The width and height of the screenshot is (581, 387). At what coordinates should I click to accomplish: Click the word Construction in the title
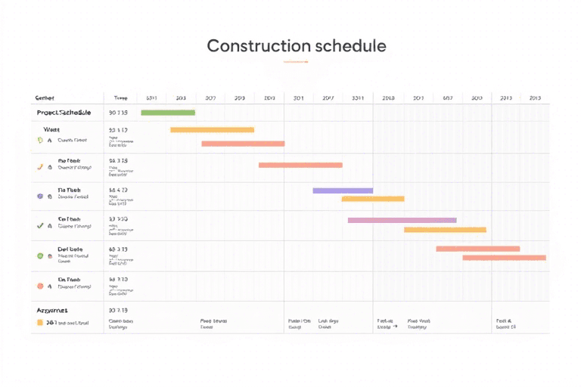click(258, 45)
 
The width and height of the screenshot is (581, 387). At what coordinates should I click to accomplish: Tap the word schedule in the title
click(350, 45)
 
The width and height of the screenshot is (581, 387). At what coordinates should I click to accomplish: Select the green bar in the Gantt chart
click(168, 113)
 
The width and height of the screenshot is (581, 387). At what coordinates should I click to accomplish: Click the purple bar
click(343, 190)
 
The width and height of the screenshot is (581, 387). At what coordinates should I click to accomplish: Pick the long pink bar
click(402, 220)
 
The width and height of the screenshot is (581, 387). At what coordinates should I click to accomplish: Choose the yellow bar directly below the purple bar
click(372, 199)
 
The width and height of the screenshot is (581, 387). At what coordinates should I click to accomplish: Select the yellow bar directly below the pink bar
click(445, 229)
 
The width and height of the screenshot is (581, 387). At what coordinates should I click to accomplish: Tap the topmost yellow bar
click(212, 130)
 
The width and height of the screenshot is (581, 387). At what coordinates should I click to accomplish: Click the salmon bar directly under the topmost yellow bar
click(243, 144)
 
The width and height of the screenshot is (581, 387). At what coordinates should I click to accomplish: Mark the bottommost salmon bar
click(504, 258)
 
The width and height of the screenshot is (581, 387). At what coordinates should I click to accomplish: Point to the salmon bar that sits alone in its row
click(300, 165)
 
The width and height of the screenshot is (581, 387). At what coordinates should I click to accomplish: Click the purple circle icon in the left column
click(40, 196)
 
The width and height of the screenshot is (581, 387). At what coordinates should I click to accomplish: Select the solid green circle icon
click(40, 256)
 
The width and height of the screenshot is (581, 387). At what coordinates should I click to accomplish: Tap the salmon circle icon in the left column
click(40, 286)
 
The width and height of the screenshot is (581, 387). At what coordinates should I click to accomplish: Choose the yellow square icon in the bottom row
click(40, 322)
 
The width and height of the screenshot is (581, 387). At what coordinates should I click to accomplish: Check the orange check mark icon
click(40, 166)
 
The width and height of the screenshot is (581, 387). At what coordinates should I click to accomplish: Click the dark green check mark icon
click(40, 225)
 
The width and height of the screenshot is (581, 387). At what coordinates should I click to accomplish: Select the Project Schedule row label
click(64, 113)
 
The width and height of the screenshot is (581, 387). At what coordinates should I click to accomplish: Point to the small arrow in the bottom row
click(396, 327)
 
